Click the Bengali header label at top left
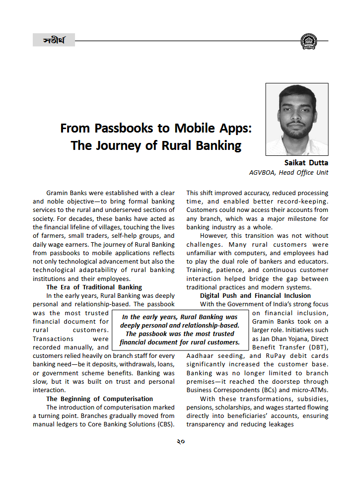click(54, 40)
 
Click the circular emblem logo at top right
click(308, 41)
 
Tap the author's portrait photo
click(296, 119)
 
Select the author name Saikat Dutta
click(306, 163)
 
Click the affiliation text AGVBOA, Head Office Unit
click(288, 173)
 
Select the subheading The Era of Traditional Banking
click(94, 287)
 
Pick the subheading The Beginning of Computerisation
click(99, 399)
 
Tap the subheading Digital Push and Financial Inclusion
click(255, 295)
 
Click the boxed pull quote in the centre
click(180, 329)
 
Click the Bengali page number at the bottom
click(180, 441)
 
